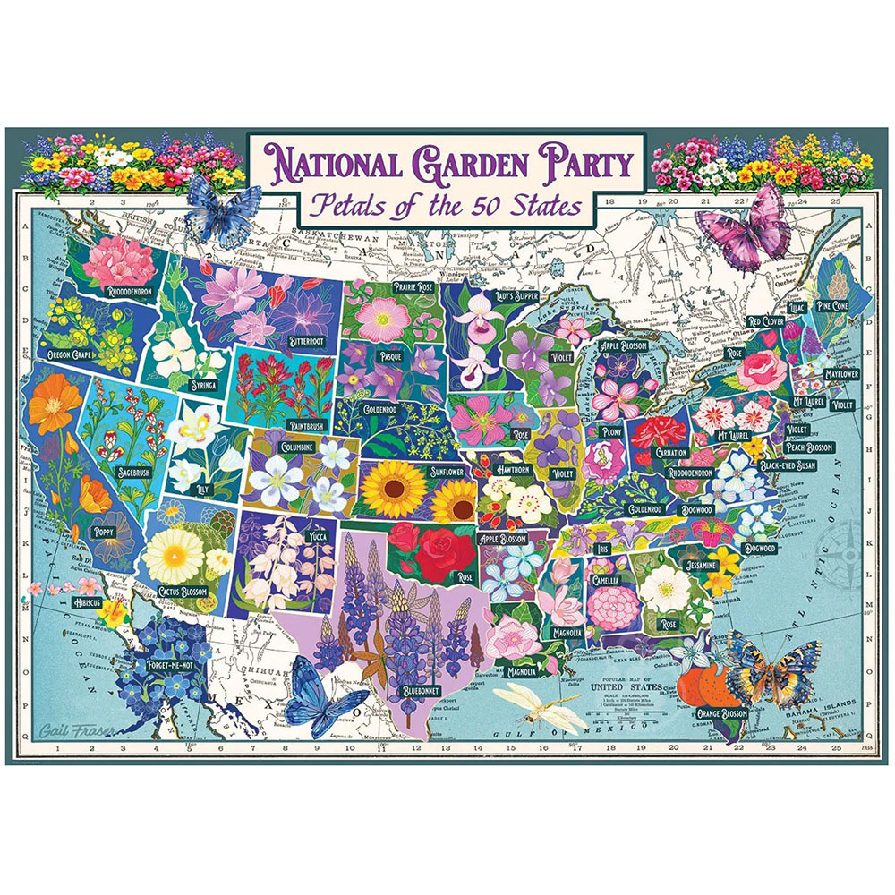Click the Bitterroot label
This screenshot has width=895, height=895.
tap(307, 341)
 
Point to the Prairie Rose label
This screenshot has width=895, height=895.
tap(414, 286)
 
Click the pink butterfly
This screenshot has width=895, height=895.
tap(747, 231)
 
